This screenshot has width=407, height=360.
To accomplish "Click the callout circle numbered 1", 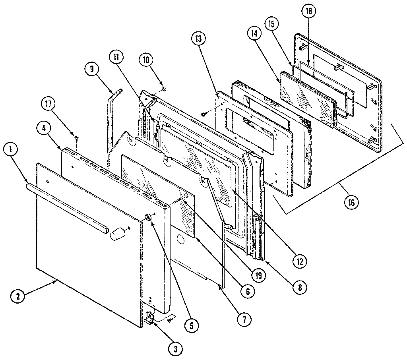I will pos(12,151).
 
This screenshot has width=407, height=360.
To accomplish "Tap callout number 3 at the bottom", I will pos(174,348).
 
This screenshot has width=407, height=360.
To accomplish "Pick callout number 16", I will pos(351,202).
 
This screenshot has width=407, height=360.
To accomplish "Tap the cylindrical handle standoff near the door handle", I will pos(116,234).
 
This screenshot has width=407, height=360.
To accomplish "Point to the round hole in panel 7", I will pos(180,240).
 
